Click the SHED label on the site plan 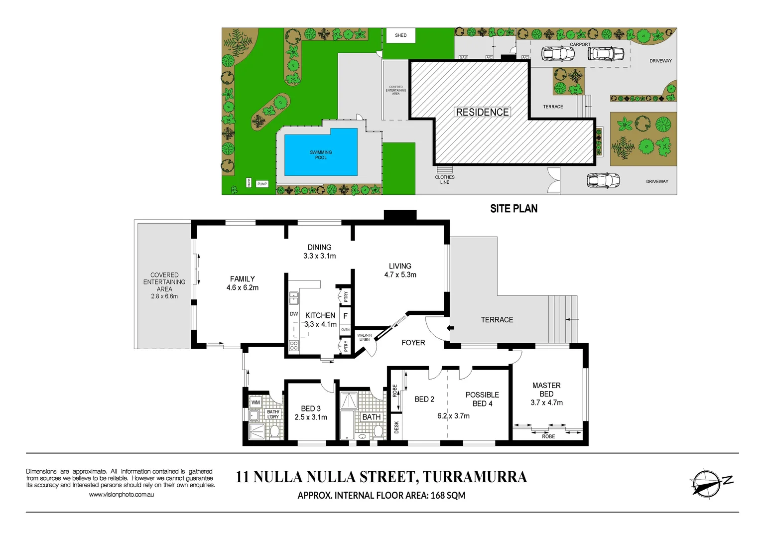pyautogui.click(x=400, y=35)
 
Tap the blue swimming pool pyautogui.click(x=321, y=152)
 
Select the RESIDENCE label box pyautogui.click(x=482, y=112)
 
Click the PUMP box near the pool pyautogui.click(x=262, y=184)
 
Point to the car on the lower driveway pyautogui.click(x=603, y=180)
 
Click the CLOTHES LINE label pyautogui.click(x=445, y=179)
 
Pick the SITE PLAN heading pyautogui.click(x=513, y=209)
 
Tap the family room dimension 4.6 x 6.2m pyautogui.click(x=243, y=287)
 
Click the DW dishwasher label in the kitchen pyautogui.click(x=294, y=314)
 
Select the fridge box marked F pyautogui.click(x=345, y=316)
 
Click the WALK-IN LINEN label pyautogui.click(x=365, y=338)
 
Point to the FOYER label pyautogui.click(x=413, y=343)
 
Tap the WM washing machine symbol pyautogui.click(x=255, y=402)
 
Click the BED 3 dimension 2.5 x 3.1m pyautogui.click(x=311, y=417)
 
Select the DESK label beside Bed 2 pyautogui.click(x=396, y=427)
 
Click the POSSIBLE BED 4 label pyautogui.click(x=482, y=399)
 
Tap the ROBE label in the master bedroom pyautogui.click(x=548, y=436)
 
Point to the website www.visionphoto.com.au pyautogui.click(x=122, y=495)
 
